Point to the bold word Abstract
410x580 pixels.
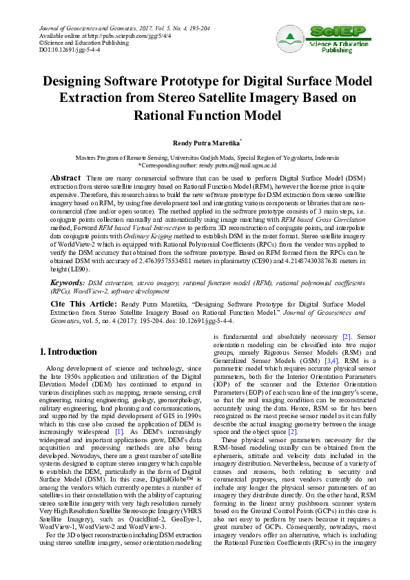66,178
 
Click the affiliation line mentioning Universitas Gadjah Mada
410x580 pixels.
207,158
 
